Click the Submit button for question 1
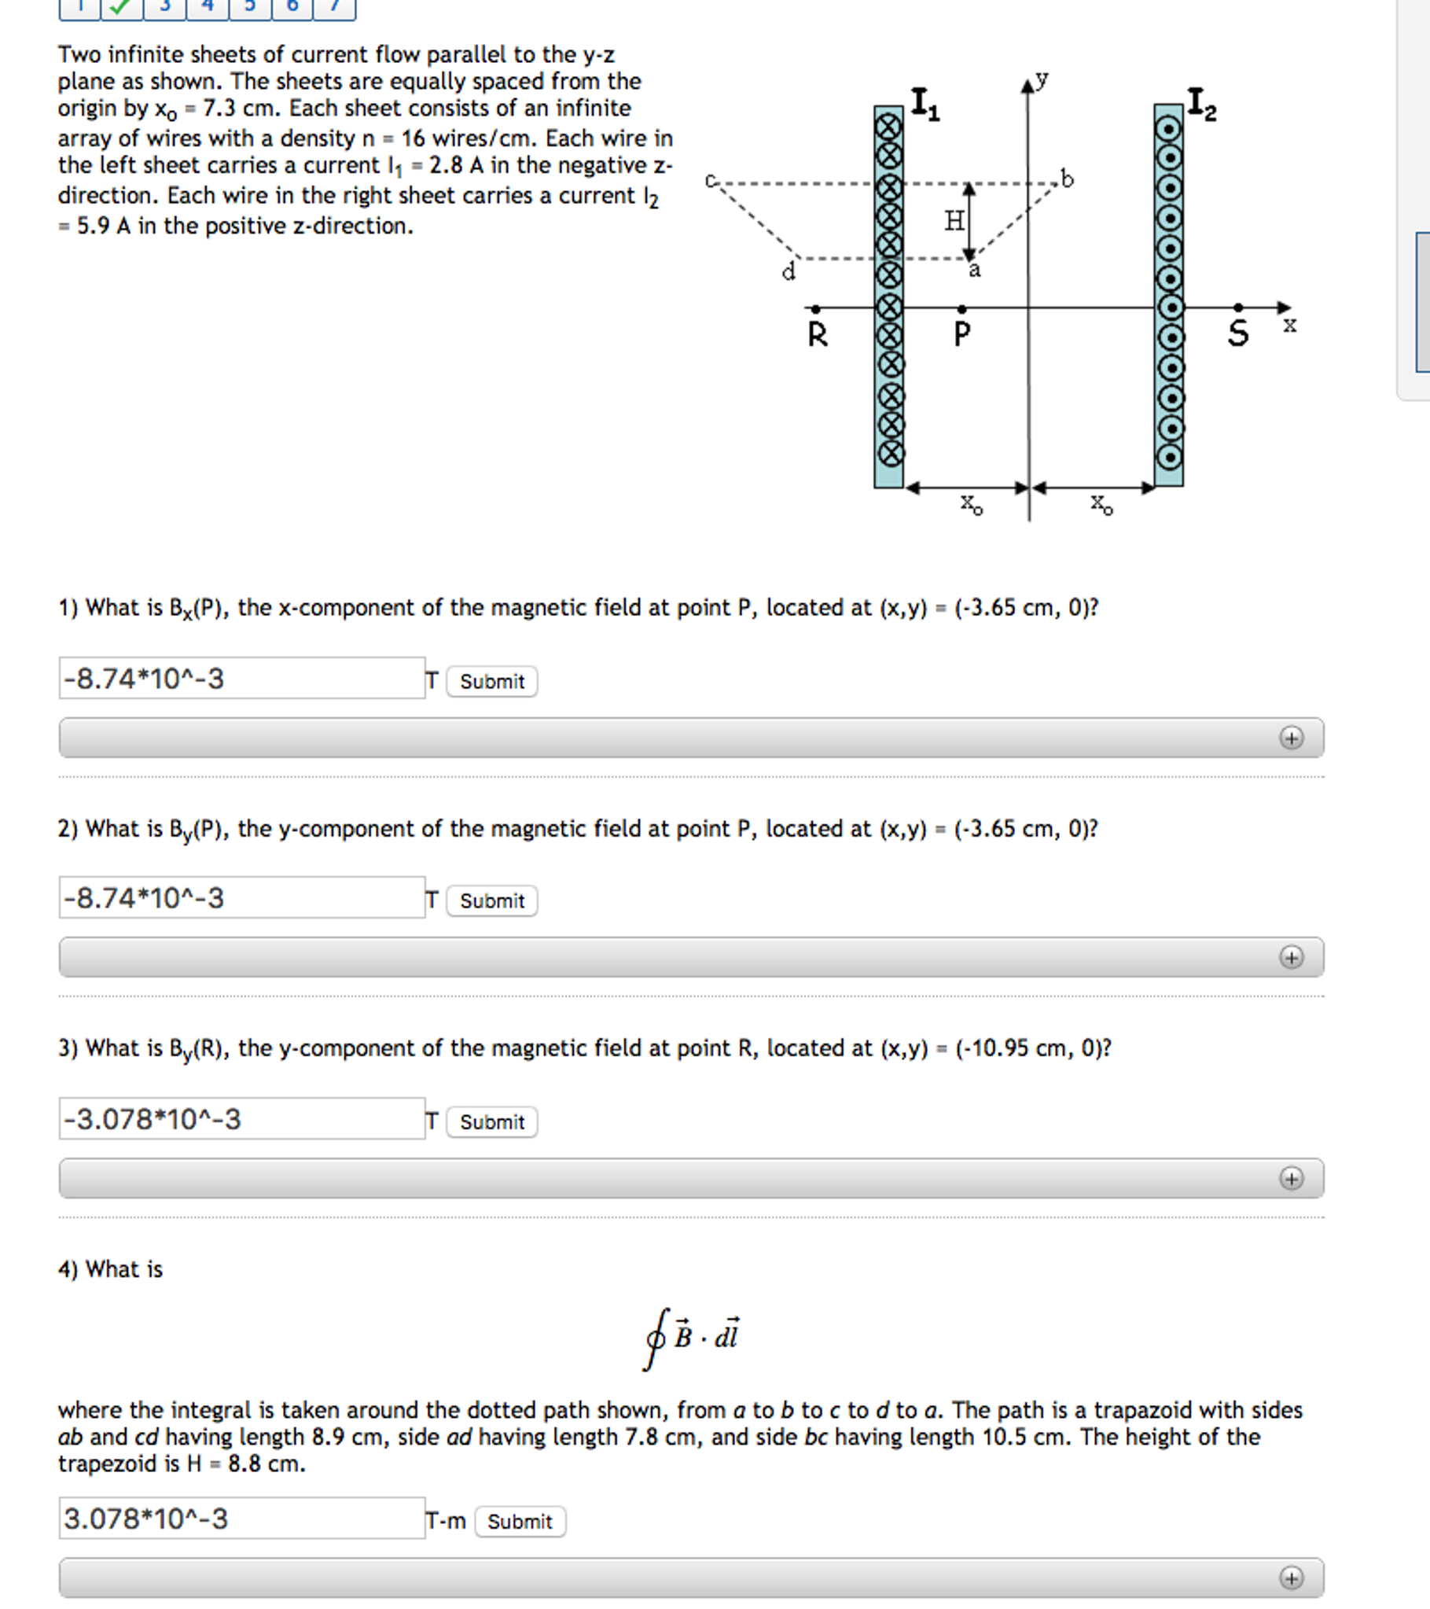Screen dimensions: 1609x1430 [492, 682]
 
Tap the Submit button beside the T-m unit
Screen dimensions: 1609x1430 [520, 1522]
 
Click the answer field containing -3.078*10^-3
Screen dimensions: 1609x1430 [241, 1118]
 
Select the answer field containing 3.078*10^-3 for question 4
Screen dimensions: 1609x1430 [241, 1519]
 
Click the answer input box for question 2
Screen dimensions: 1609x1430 [241, 897]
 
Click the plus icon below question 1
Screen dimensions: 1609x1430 [1291, 738]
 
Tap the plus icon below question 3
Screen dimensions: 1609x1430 [1291, 1178]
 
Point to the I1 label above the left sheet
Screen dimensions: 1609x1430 [924, 104]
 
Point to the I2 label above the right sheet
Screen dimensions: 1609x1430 [1201, 104]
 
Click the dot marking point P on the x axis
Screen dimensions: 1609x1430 [961, 309]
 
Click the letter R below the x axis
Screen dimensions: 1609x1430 [818, 335]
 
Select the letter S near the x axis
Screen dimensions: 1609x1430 [1238, 333]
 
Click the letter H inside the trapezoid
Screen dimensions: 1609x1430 [954, 221]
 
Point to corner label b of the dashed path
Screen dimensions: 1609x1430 [1066, 179]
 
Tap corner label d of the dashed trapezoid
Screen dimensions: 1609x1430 [788, 272]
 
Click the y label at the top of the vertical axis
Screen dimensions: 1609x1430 [1042, 79]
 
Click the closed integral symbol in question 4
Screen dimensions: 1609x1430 [656, 1338]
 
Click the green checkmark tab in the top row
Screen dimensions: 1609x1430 [121, 7]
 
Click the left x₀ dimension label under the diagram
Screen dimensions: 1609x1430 [971, 504]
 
